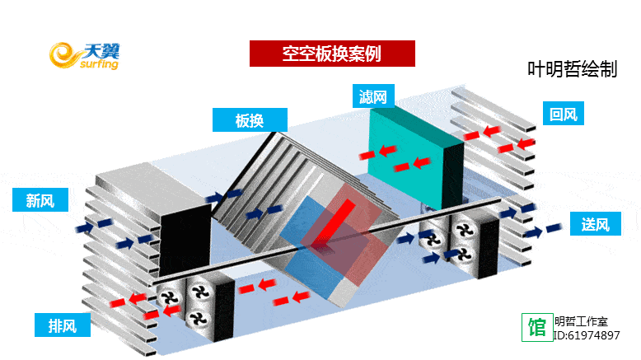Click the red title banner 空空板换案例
(331, 53)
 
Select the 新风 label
(40, 199)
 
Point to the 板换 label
(249, 120)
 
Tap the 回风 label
(562, 114)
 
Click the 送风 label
(594, 223)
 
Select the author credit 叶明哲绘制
(572, 70)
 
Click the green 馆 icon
(536, 326)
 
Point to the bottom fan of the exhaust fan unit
(197, 319)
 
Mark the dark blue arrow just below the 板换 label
(214, 197)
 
